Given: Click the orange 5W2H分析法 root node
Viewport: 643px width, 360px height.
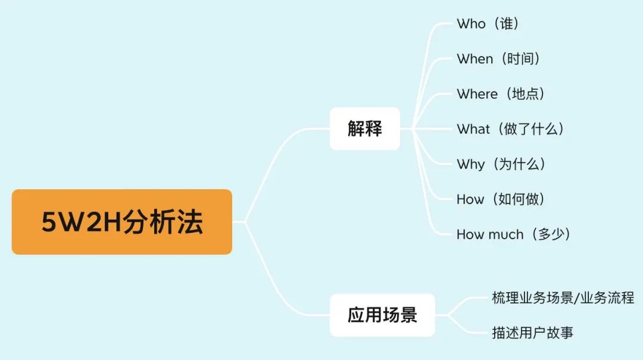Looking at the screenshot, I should tap(121, 222).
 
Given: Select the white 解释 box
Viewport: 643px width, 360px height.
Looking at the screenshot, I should tap(364, 129).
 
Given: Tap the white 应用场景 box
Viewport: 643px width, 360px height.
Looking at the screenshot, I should tap(382, 315).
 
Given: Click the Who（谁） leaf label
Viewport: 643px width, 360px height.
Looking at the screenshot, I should tap(488, 24).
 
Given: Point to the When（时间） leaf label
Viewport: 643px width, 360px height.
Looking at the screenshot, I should tap(498, 59).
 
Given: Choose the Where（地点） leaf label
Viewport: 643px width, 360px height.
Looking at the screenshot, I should tap(501, 94).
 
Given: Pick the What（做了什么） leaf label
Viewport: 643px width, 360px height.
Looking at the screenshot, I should tap(510, 129).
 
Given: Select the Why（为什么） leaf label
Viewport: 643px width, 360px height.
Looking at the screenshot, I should tap(501, 164).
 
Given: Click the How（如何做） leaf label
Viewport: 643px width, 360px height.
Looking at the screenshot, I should tap(501, 199).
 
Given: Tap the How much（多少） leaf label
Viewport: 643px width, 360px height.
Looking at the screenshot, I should tap(513, 234).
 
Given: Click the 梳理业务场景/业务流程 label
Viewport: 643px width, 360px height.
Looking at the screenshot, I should tap(563, 298).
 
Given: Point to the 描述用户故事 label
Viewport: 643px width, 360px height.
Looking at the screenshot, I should tap(532, 333).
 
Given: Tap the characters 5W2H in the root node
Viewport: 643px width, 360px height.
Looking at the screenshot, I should tap(81, 222).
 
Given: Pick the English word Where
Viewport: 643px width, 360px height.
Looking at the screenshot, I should tap(477, 94).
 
